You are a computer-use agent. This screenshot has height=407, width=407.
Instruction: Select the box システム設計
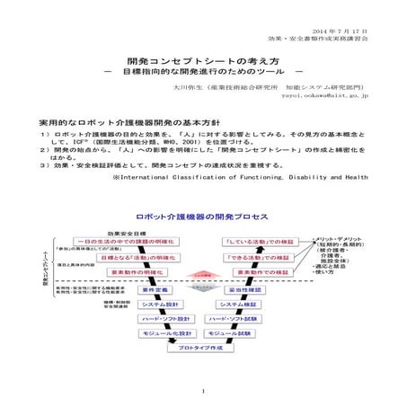click(x=161, y=304)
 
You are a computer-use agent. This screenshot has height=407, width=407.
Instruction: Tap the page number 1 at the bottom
click(x=204, y=393)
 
